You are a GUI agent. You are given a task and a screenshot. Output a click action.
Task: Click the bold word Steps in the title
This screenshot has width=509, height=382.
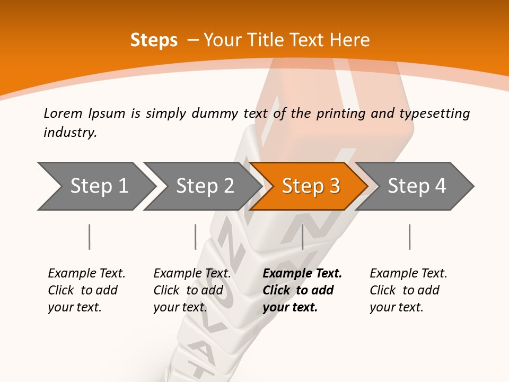click(x=154, y=40)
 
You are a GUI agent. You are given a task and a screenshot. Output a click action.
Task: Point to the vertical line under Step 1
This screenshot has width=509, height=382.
click(x=90, y=237)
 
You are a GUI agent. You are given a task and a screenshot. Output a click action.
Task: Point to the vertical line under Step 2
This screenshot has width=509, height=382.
click(x=196, y=237)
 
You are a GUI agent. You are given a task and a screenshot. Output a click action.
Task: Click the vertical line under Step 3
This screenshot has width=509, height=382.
click(x=302, y=237)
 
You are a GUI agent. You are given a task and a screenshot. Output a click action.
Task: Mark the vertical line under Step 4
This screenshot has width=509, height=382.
click(x=410, y=237)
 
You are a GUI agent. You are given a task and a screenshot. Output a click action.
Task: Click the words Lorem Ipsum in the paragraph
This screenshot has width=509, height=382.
click(x=85, y=114)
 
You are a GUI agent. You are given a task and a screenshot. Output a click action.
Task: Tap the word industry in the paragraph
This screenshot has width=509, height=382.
click(x=69, y=133)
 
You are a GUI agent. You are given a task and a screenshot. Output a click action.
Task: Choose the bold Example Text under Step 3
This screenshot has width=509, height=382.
click(x=302, y=274)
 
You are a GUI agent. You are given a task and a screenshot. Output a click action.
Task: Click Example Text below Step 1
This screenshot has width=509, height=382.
click(x=86, y=274)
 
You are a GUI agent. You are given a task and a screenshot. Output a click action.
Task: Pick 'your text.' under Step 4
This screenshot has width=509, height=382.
click(x=396, y=307)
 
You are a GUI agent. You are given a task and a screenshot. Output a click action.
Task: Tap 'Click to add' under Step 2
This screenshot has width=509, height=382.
click(x=188, y=291)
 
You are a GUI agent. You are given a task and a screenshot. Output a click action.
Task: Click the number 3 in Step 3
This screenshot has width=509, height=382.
click(x=334, y=186)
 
